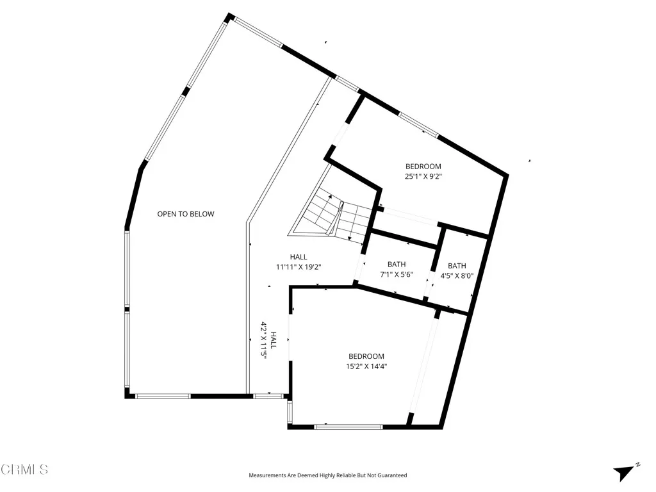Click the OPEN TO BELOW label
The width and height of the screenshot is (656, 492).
[x=186, y=214]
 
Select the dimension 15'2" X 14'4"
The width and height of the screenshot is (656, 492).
[x=366, y=366]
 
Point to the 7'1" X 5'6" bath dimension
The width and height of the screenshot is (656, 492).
[x=397, y=275]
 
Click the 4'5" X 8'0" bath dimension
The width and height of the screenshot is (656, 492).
[x=457, y=276]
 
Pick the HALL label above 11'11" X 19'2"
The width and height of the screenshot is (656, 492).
[x=299, y=257]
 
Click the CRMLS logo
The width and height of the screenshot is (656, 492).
[x=24, y=470]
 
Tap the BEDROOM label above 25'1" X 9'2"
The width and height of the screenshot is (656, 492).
[x=423, y=167]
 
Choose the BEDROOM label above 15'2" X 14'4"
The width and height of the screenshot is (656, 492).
[x=366, y=357]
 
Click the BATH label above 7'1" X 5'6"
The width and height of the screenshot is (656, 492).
[x=397, y=265]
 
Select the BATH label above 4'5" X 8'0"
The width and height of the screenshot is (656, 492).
[x=457, y=266]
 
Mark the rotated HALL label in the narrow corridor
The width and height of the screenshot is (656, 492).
[x=274, y=340]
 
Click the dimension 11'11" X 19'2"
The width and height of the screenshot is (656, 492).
[x=298, y=266]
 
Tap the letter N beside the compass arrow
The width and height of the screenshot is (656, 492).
[x=638, y=464]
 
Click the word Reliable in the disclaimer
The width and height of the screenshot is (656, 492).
[x=345, y=475]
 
